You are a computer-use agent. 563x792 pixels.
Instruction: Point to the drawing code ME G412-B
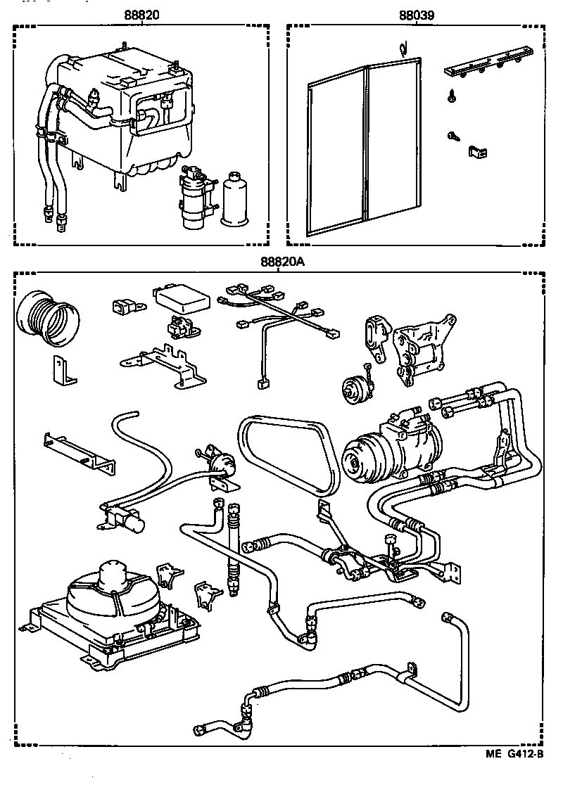pos(514,755)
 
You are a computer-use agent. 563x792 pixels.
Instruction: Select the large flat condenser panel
pos(365,148)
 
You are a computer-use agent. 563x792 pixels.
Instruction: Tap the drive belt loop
pos(289,450)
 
